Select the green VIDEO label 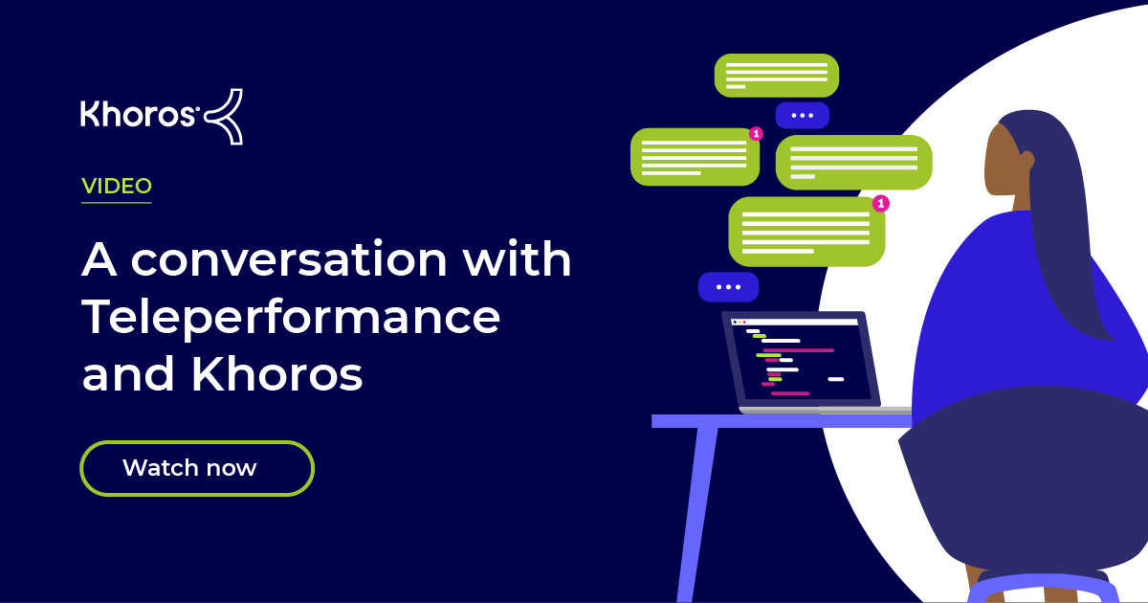click(x=117, y=187)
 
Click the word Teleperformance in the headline click(x=291, y=318)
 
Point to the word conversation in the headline click(x=289, y=260)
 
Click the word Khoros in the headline click(x=276, y=376)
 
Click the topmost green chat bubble click(x=776, y=75)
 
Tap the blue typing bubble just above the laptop click(x=728, y=286)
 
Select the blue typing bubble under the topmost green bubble click(x=802, y=116)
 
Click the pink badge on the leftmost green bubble click(x=756, y=134)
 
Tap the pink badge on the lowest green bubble click(x=881, y=203)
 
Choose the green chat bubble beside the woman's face click(x=852, y=162)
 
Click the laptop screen click(x=801, y=359)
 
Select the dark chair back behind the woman click(x=1024, y=479)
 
